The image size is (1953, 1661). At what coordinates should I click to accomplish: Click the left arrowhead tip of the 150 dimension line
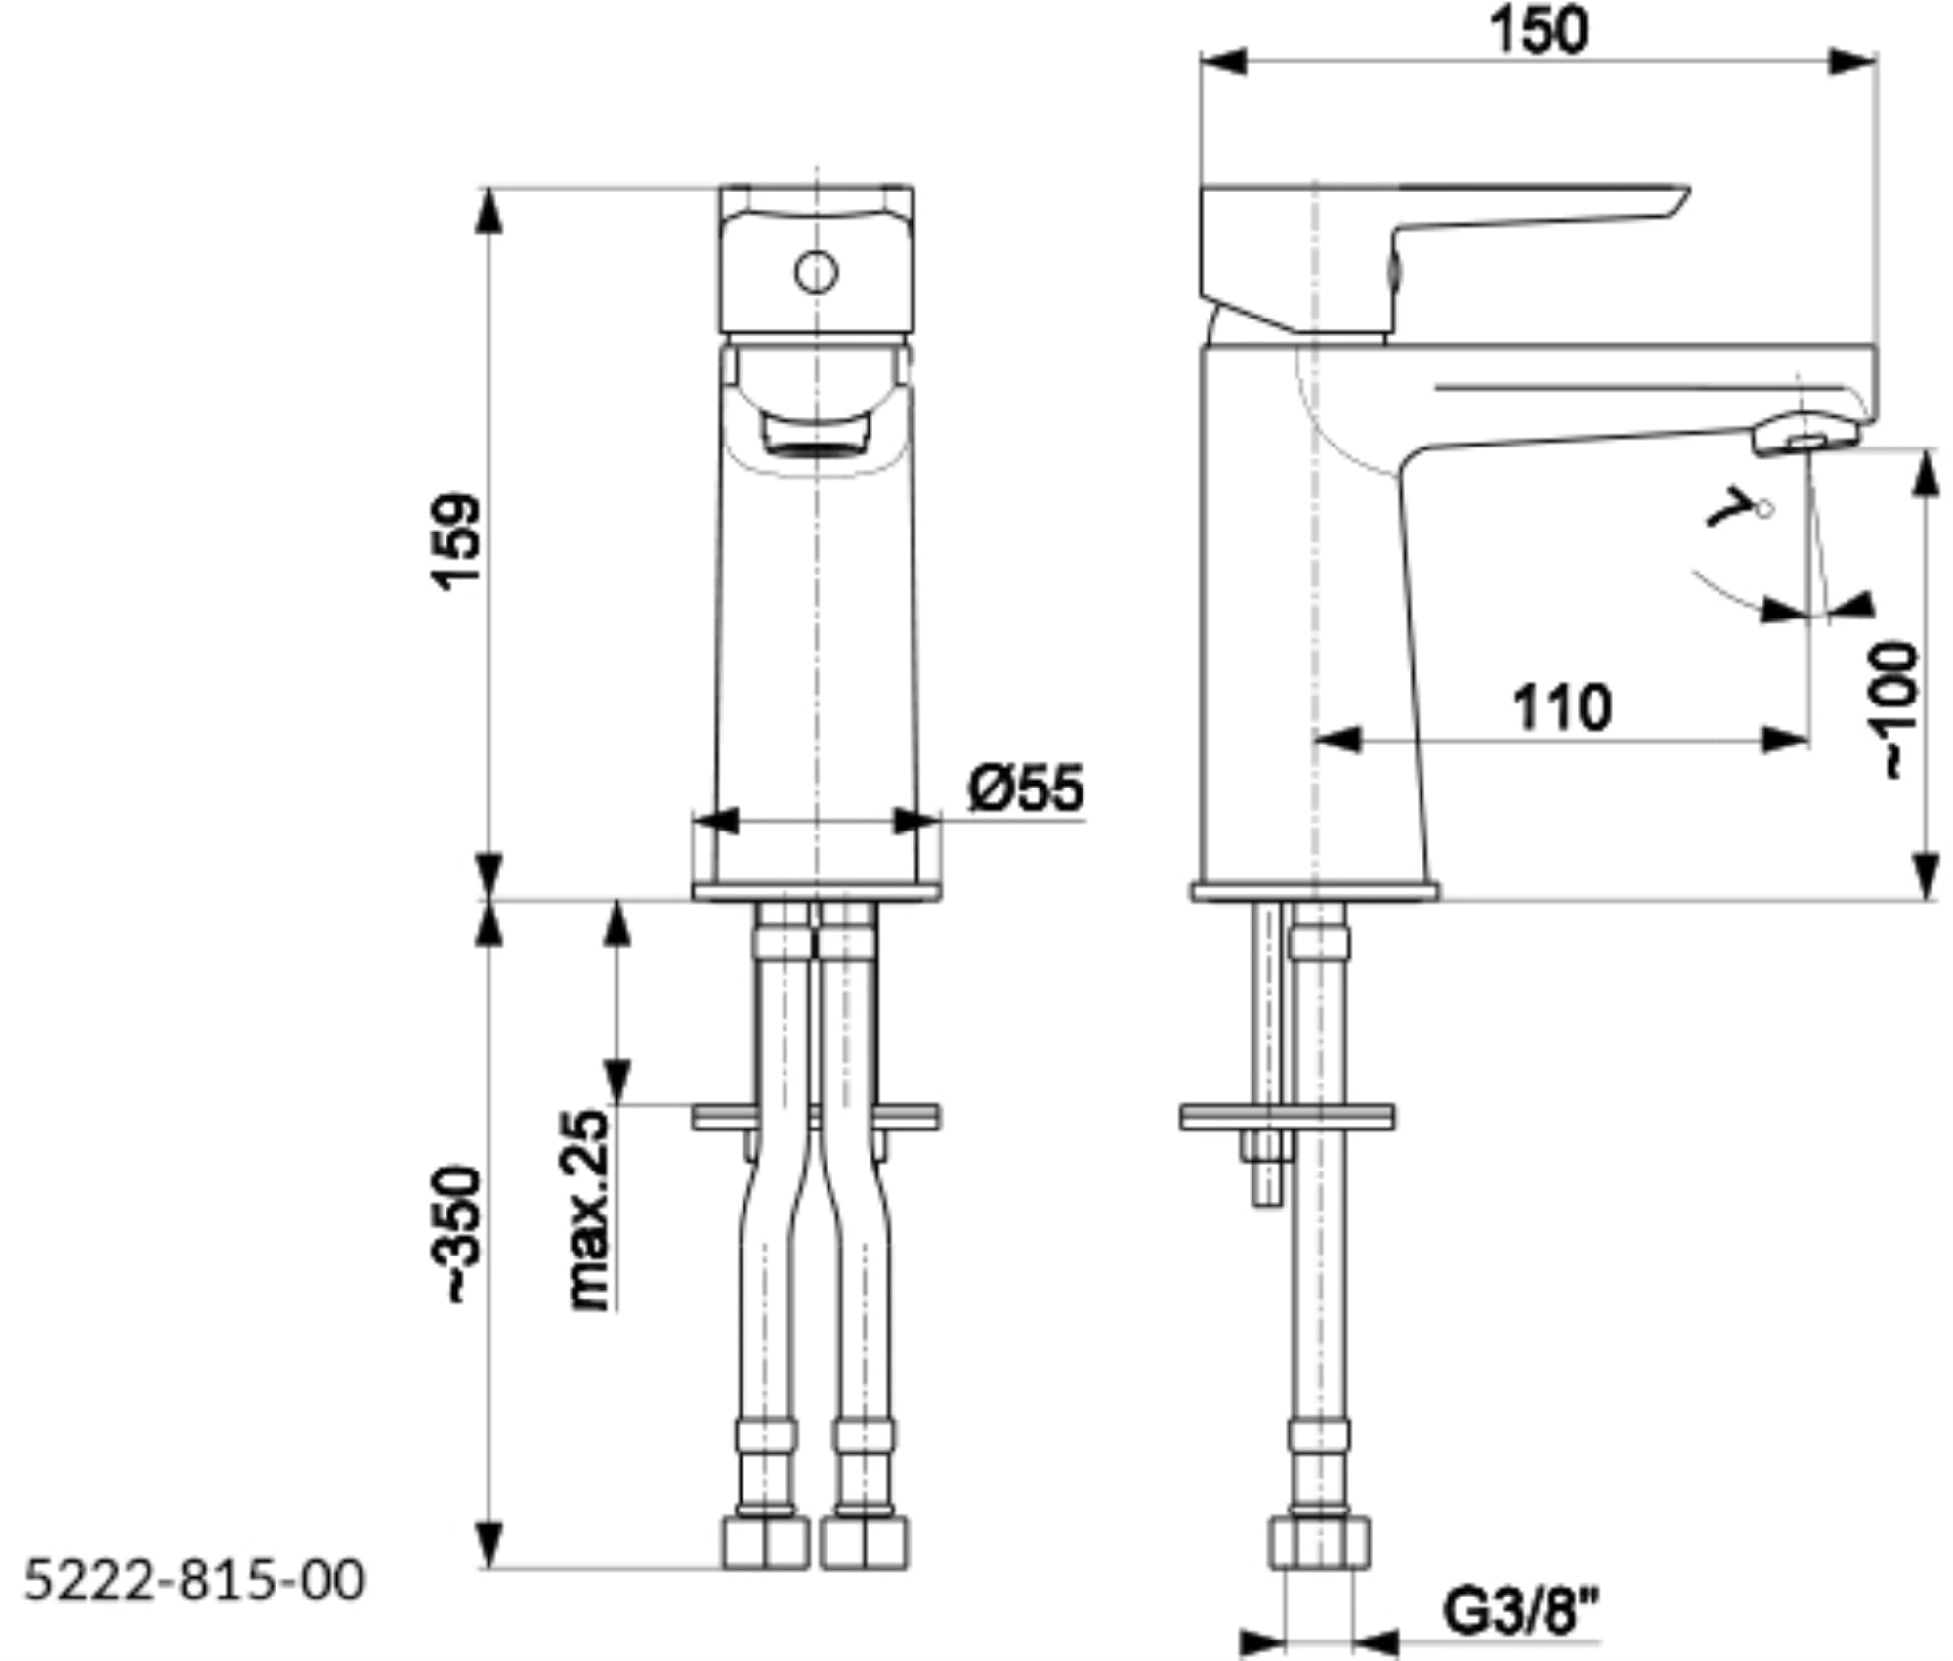pos(1202,61)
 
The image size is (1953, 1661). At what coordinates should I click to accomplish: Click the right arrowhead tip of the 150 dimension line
pos(1877,61)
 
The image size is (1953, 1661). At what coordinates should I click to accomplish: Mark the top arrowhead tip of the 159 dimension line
pos(488,187)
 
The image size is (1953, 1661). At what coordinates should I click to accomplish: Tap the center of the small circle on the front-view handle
pos(816,273)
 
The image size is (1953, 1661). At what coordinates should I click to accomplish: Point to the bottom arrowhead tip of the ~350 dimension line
pos(488,1569)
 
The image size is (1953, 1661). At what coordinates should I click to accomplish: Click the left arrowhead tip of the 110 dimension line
pos(1316,740)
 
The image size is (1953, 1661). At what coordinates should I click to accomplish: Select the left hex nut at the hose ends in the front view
pos(766,1543)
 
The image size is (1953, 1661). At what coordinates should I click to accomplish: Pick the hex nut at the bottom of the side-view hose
pos(1319,1543)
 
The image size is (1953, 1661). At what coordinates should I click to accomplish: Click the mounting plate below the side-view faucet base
pos(1287,1117)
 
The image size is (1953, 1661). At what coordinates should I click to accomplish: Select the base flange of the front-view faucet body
pos(817,891)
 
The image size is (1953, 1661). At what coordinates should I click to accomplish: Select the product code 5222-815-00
pos(194,1580)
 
